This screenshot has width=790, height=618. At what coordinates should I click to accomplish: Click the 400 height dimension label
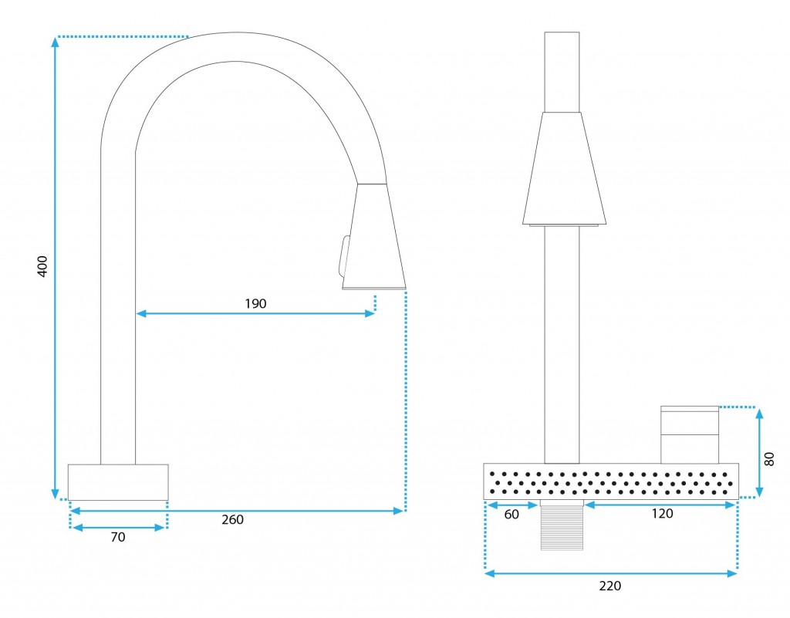pos(43,266)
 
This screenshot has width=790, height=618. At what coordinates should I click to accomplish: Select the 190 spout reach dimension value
pos(255,304)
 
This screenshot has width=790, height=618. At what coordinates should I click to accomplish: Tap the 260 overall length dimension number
pos(232,520)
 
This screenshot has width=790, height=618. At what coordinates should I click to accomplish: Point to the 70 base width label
pos(118,538)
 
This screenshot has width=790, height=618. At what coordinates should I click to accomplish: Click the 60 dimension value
pos(511,515)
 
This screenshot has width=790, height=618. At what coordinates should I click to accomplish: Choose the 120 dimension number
pos(662,514)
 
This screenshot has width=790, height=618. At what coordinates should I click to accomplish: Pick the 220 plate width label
pos(610,586)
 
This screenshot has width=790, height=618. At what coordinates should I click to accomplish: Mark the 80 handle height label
pos(769,459)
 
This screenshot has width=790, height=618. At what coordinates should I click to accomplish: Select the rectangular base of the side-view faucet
pos(118,482)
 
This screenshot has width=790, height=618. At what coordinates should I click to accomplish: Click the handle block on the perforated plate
pos(690,434)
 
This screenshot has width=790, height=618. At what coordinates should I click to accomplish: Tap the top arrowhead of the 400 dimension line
pos(55,42)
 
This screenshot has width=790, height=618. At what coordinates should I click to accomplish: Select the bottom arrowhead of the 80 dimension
pos(760,492)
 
